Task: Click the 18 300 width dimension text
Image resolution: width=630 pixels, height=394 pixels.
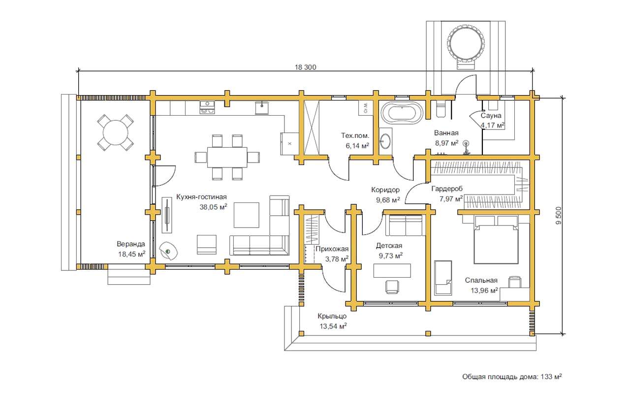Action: pos(305,67)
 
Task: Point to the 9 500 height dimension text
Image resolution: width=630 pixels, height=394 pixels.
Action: pos(559,216)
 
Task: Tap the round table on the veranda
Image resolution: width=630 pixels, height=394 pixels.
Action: pos(116,132)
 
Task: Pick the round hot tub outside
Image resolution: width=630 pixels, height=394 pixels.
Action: pos(465,43)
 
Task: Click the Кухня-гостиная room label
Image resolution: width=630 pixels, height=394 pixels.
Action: pos(201,197)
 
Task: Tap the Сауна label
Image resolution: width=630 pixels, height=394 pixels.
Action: pos(491,116)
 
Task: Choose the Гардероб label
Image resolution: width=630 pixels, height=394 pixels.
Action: pos(447,189)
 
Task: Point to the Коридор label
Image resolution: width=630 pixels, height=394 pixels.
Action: pos(385,190)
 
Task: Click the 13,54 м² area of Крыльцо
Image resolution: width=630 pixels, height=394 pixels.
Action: pos(332,326)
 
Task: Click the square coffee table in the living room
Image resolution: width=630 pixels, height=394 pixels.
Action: pos(246,215)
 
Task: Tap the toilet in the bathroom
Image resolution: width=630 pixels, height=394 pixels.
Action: pos(441,109)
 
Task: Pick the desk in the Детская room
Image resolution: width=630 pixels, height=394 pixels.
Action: pos(392,271)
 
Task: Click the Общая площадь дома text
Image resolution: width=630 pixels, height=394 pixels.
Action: pos(512,377)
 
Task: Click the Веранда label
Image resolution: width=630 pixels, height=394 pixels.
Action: pos(131,244)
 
